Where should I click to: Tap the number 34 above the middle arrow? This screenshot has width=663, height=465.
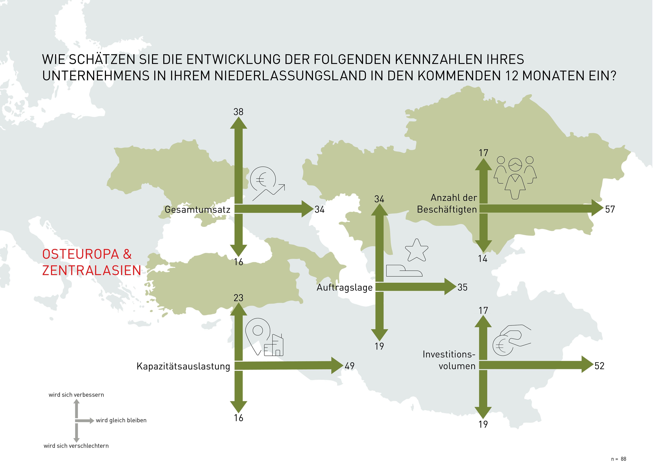[x=379, y=199]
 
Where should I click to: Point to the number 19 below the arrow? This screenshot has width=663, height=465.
[x=379, y=346]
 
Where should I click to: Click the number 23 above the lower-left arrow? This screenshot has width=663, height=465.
[x=238, y=298]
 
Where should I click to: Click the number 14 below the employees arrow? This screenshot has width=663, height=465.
[x=482, y=259]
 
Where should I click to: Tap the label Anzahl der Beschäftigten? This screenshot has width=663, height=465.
[x=447, y=203]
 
